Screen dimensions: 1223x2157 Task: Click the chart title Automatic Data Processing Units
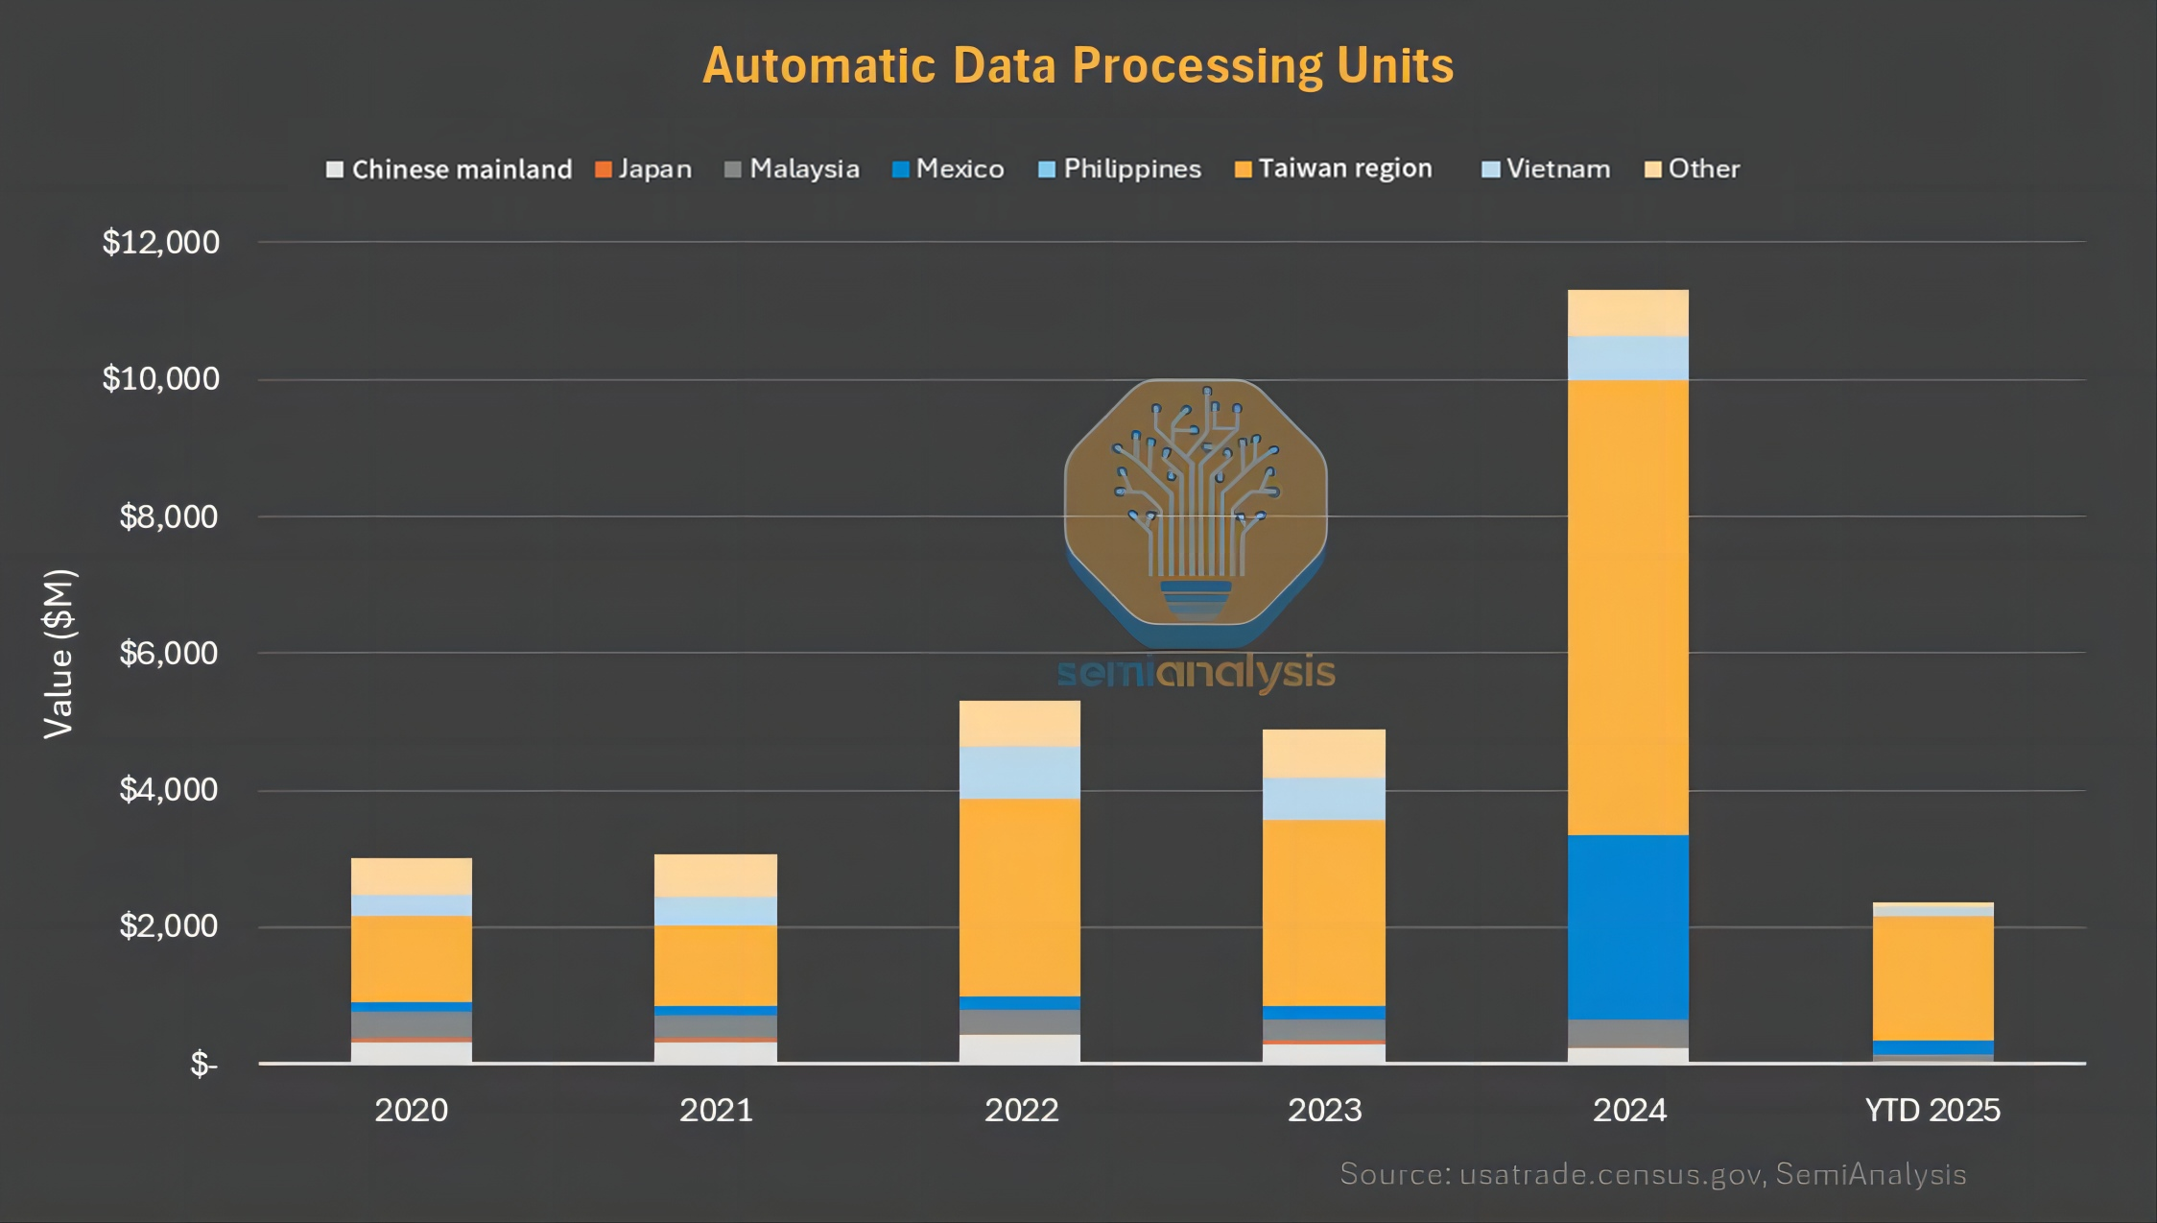pyautogui.click(x=1078, y=66)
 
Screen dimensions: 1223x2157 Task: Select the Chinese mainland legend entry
pyautogui.click(x=449, y=170)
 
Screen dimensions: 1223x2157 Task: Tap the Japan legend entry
pyautogui.click(x=644, y=169)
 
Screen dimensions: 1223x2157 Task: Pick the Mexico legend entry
pyautogui.click(x=949, y=169)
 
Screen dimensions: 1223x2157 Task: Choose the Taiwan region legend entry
pyautogui.click(x=1334, y=169)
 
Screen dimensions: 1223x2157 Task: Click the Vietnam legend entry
pyautogui.click(x=1547, y=169)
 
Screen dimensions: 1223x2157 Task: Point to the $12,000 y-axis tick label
pyautogui.click(x=161, y=242)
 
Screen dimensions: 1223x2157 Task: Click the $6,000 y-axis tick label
pyautogui.click(x=169, y=653)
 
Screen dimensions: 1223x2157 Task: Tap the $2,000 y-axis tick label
pyautogui.click(x=169, y=926)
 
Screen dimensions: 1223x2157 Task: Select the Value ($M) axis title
pyautogui.click(x=59, y=654)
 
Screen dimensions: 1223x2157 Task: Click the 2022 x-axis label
pyautogui.click(x=1021, y=1111)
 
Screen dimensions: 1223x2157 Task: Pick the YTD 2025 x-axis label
pyautogui.click(x=1932, y=1111)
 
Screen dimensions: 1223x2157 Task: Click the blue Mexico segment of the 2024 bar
pyautogui.click(x=1627, y=926)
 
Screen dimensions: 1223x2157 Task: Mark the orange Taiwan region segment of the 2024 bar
pyautogui.click(x=1627, y=607)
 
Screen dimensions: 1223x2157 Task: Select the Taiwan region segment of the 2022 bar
pyautogui.click(x=1019, y=897)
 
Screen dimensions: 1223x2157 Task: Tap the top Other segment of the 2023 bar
pyautogui.click(x=1323, y=753)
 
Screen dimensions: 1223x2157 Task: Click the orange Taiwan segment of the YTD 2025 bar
pyautogui.click(x=1932, y=977)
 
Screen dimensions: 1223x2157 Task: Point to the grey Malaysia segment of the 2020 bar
pyautogui.click(x=412, y=1023)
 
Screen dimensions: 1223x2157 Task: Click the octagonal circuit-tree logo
pyautogui.click(x=1196, y=504)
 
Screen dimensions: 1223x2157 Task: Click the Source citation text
pyautogui.click(x=1652, y=1174)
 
